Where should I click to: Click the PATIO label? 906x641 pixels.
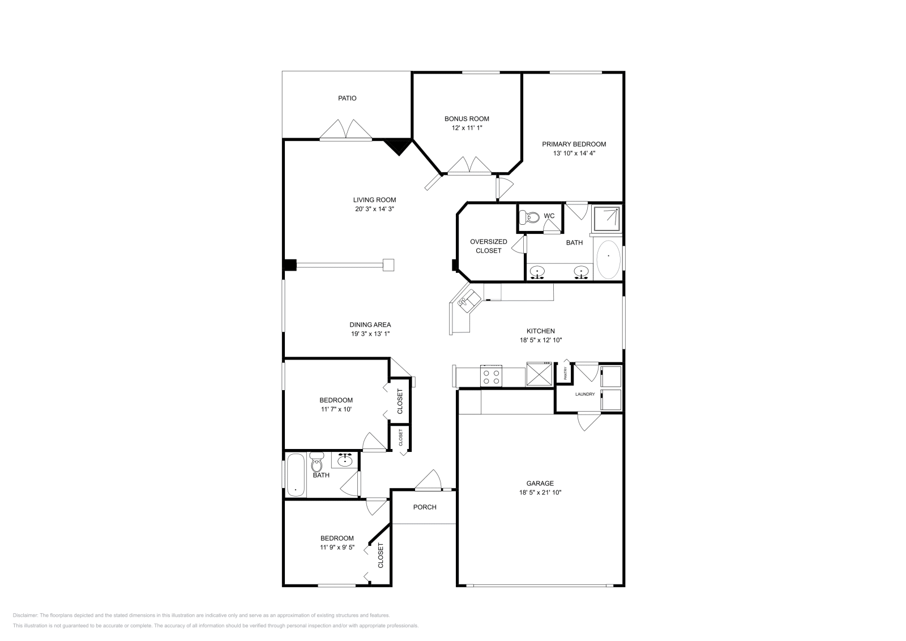point(347,98)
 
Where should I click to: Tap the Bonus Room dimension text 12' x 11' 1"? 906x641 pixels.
point(467,128)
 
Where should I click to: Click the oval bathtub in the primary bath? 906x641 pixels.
point(609,259)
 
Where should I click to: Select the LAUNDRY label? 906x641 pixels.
point(584,394)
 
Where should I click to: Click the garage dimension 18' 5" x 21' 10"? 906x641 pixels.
point(540,492)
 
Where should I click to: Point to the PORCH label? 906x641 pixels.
point(424,507)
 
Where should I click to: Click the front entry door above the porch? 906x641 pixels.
point(429,481)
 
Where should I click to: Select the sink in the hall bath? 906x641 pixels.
point(345,461)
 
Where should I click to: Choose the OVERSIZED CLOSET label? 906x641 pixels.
point(488,246)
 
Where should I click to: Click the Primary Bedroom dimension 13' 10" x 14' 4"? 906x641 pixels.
point(574,153)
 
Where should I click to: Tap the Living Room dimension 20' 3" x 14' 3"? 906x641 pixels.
point(374,208)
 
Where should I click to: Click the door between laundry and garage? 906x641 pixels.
point(589,421)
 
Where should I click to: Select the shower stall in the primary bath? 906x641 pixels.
point(606,219)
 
